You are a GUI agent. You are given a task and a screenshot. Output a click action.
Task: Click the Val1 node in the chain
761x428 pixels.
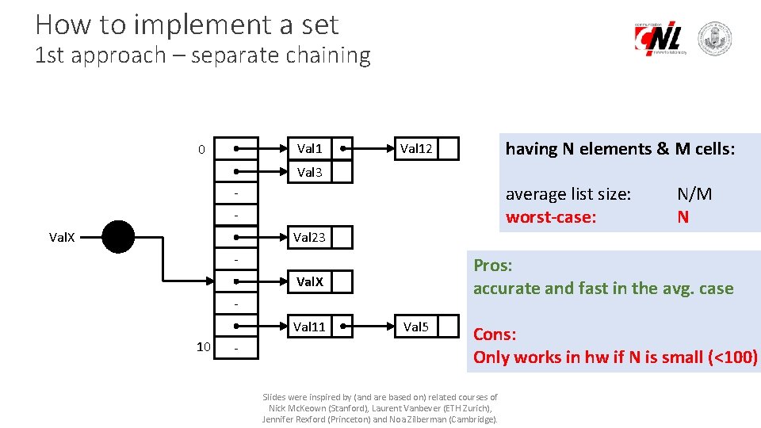(309, 148)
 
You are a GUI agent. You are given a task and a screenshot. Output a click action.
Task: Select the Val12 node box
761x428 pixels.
(416, 148)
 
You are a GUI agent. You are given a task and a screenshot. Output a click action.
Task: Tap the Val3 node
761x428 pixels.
(309, 171)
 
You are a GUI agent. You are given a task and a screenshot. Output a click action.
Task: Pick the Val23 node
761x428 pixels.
(309, 237)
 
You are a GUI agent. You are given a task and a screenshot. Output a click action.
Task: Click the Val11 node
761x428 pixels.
(309, 326)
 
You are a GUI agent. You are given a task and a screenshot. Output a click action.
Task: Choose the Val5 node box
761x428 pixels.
(416, 326)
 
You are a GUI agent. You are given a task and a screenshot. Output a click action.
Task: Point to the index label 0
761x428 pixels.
(201, 149)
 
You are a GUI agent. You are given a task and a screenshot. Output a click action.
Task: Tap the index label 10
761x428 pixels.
(203, 346)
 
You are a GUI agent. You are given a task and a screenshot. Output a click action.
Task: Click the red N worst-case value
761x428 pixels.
(683, 216)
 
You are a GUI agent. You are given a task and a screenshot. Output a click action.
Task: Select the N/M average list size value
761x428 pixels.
(694, 194)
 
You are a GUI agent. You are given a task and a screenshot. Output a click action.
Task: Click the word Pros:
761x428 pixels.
(494, 266)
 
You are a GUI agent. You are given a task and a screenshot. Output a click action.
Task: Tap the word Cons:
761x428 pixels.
(495, 334)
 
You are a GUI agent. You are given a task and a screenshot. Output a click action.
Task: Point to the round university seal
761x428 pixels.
(713, 39)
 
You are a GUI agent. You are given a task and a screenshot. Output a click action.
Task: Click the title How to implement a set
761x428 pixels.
(187, 25)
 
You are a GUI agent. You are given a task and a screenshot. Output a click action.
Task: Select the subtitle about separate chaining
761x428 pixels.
(203, 55)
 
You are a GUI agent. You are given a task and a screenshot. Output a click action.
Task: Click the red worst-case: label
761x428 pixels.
(551, 216)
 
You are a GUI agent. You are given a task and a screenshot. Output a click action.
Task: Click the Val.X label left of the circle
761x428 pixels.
(63, 237)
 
